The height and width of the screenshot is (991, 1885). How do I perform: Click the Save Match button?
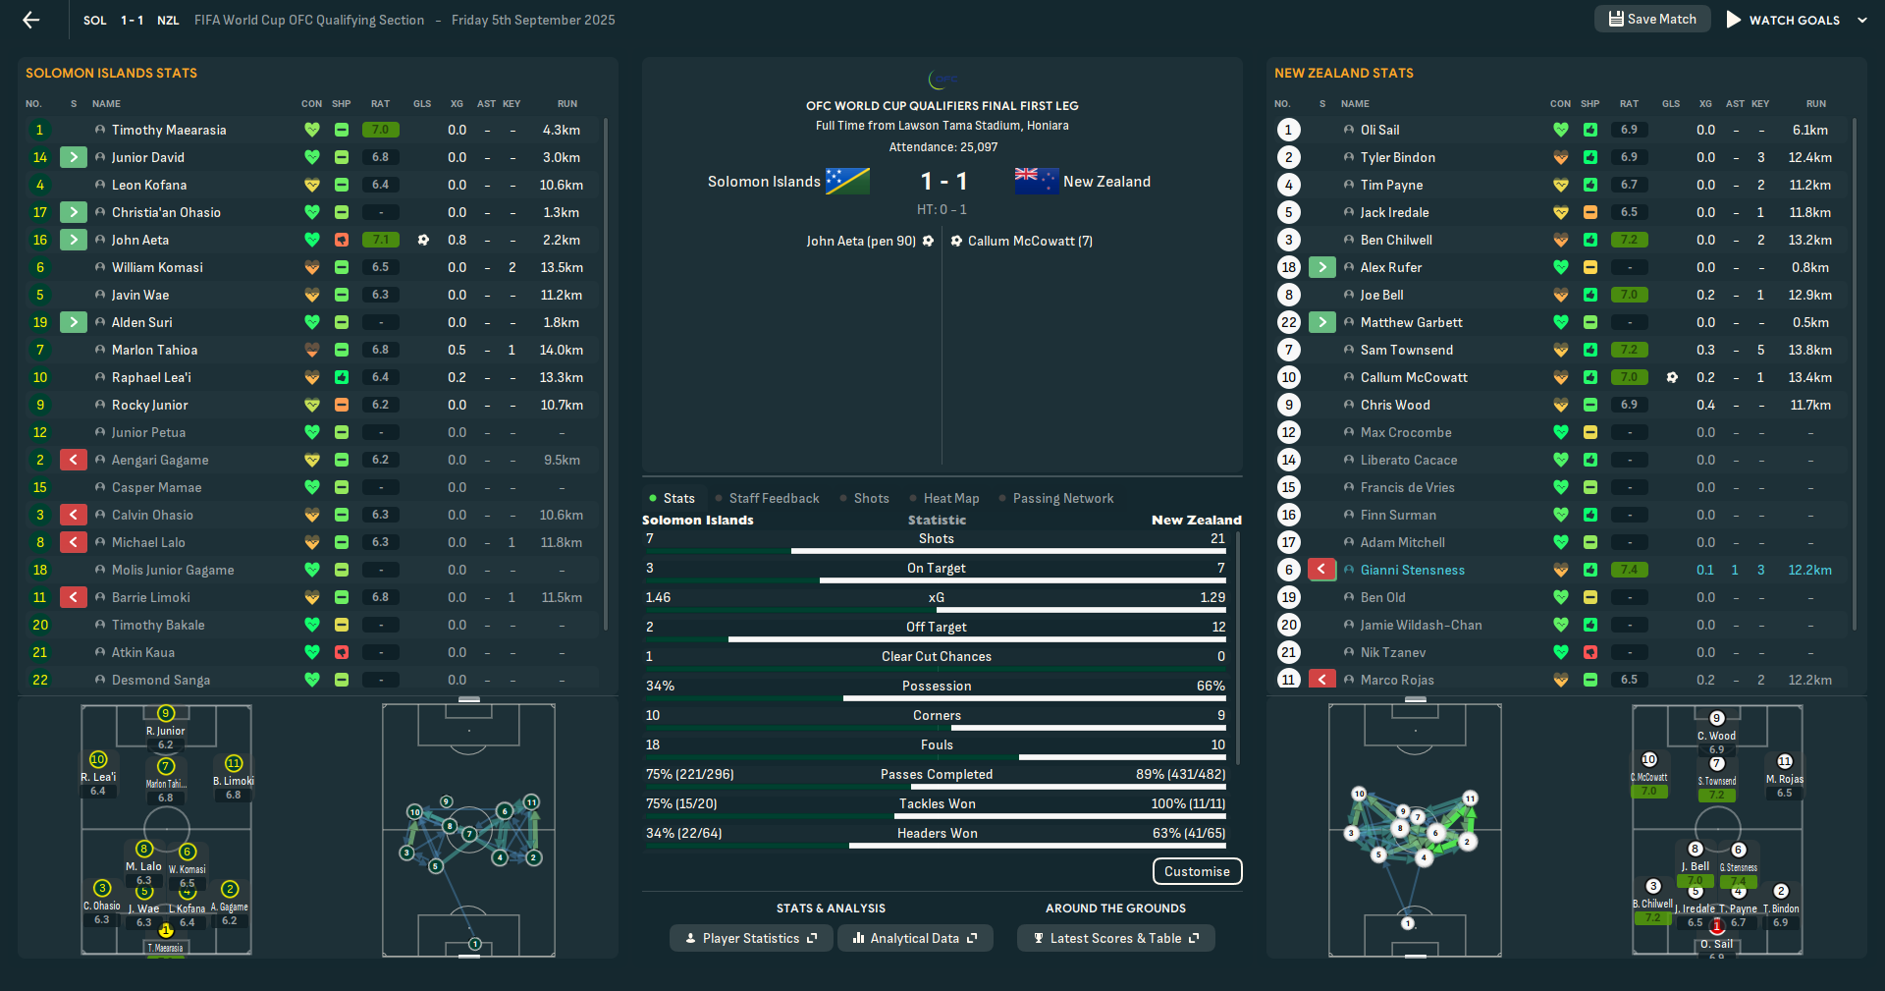pos(1652,20)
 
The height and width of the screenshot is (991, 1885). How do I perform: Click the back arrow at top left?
pos(31,20)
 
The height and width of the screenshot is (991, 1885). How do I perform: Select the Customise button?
pos(1197,871)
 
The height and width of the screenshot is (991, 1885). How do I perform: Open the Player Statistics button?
pos(751,938)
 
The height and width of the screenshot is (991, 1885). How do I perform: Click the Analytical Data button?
pos(914,938)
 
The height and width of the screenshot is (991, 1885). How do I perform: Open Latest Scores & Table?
pos(1115,938)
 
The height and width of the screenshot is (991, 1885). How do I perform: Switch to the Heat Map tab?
pos(950,499)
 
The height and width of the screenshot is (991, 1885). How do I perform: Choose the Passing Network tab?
pos(1062,499)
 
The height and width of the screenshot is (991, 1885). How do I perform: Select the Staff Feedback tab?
pos(774,499)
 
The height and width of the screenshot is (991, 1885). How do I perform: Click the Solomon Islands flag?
pos(847,181)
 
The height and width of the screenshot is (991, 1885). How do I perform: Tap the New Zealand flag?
pos(1036,181)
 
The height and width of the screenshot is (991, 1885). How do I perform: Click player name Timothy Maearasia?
pos(169,130)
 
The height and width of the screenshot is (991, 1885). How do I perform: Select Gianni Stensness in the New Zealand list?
pos(1412,570)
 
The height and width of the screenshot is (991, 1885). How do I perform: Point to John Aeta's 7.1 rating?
pos(380,240)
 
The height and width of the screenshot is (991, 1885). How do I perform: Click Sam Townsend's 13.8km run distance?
pos(1809,350)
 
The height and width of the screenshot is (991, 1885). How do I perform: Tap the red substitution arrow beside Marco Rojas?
pos(1322,680)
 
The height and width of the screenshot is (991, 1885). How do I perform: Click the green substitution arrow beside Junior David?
pos(74,157)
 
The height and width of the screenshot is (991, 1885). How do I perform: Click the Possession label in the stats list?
pos(937,687)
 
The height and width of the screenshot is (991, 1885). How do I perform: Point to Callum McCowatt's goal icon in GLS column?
pos(1672,377)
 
